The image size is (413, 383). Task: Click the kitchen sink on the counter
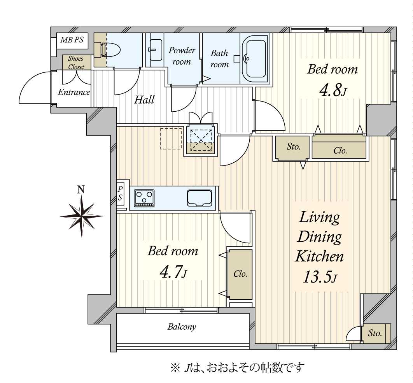pyautogui.click(x=199, y=198)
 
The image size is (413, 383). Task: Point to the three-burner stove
pyautogui.click(x=144, y=198)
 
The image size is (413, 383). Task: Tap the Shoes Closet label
pyautogui.click(x=76, y=63)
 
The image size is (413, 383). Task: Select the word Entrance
pyautogui.click(x=74, y=92)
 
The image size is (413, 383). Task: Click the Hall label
pyautogui.click(x=144, y=100)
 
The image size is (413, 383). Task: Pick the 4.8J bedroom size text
pyautogui.click(x=332, y=91)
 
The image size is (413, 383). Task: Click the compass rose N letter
pyautogui.click(x=81, y=190)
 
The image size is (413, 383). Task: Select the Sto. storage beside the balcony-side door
pyautogui.click(x=375, y=334)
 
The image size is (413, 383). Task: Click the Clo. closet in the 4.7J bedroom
pyautogui.click(x=240, y=274)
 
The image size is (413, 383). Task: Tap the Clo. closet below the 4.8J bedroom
pyautogui.click(x=340, y=151)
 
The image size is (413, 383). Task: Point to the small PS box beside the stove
pyautogui.click(x=121, y=193)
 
